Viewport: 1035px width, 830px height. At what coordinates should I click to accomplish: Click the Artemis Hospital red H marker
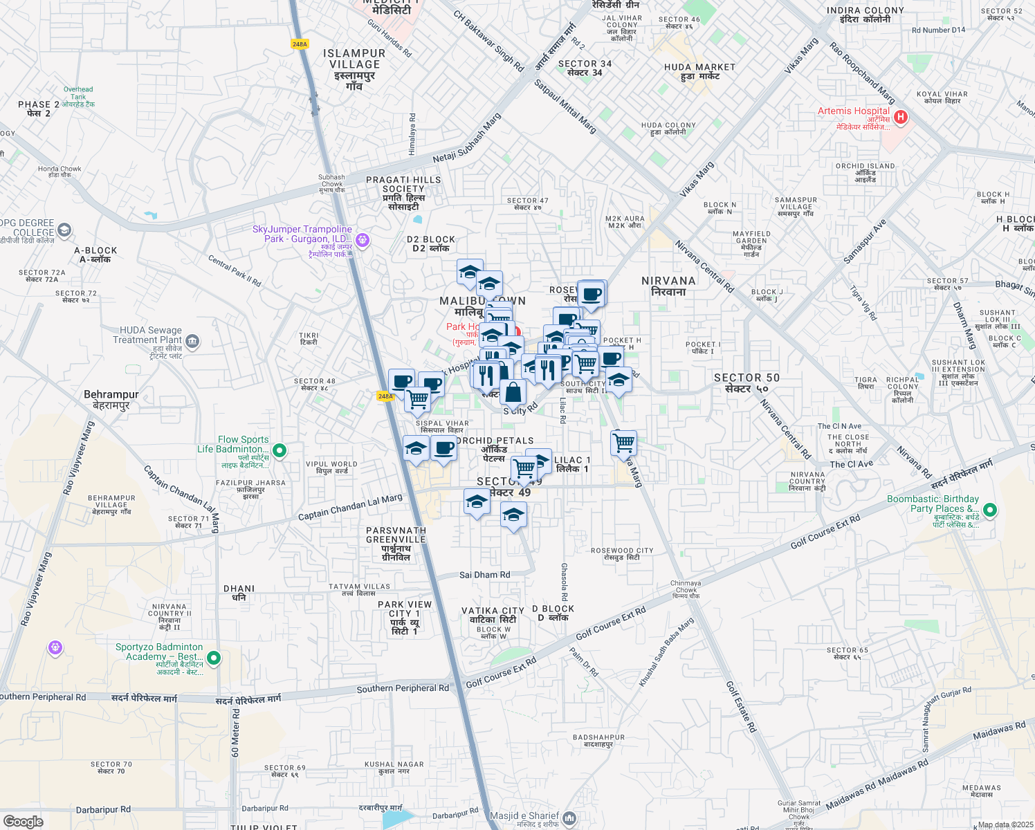click(900, 118)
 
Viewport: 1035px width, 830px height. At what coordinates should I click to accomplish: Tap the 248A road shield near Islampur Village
click(300, 44)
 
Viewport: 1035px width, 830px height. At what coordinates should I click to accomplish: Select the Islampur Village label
click(354, 64)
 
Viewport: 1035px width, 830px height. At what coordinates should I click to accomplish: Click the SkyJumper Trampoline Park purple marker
click(363, 241)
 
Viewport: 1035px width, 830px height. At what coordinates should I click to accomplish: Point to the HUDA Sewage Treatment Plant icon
click(192, 340)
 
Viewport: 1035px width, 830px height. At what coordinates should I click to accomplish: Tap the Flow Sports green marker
click(280, 451)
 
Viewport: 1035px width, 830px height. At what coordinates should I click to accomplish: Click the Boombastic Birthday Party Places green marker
click(990, 510)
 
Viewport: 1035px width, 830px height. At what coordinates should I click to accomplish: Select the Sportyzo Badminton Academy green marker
click(214, 658)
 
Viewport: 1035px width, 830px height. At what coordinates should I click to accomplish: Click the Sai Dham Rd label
click(485, 575)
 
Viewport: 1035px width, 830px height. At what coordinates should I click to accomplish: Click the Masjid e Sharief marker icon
click(569, 818)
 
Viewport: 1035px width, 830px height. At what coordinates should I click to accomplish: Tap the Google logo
click(23, 821)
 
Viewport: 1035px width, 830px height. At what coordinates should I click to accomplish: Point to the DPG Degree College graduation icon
click(64, 230)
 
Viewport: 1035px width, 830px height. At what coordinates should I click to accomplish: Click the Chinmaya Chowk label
click(686, 589)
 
